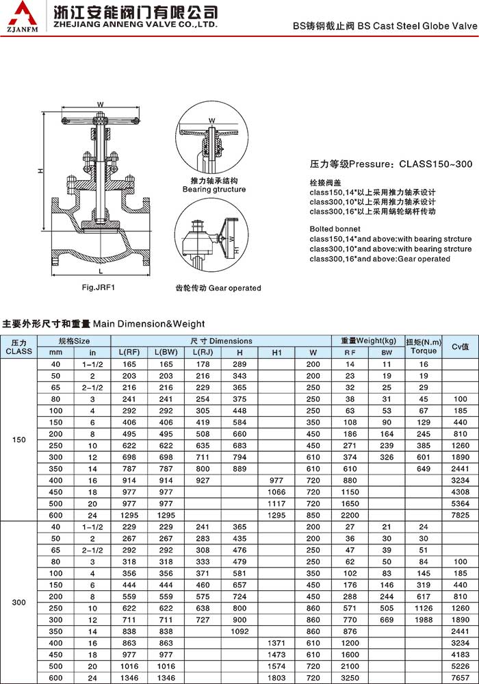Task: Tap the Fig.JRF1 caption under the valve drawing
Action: click(98, 288)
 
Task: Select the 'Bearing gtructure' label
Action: click(213, 189)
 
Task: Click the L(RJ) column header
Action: click(203, 352)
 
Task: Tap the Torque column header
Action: click(424, 351)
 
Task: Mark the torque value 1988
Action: click(424, 619)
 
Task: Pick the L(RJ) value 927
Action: click(203, 481)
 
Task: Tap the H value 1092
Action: click(239, 630)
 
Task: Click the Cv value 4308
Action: click(460, 492)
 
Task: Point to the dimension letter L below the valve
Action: click(100, 272)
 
